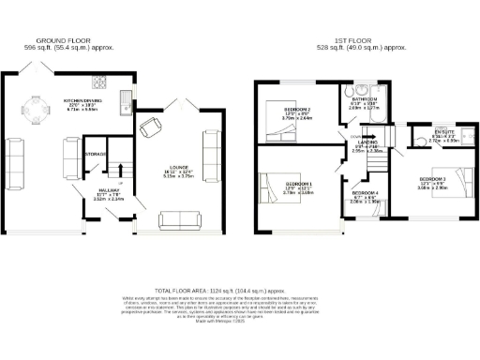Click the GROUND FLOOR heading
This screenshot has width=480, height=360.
pyautogui.click(x=62, y=41)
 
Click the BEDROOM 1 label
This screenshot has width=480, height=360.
pyautogui.click(x=299, y=184)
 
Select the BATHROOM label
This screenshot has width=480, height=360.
pyautogui.click(x=366, y=98)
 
